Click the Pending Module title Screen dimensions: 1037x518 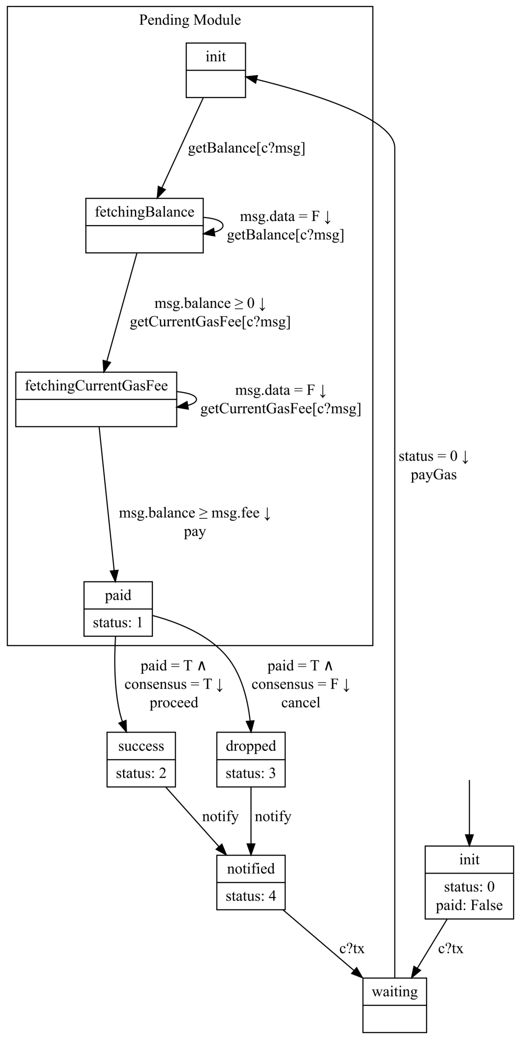coord(190,20)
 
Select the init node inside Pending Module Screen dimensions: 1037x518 coord(216,70)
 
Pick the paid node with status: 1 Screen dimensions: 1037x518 coord(118,609)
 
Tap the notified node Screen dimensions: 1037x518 coord(251,882)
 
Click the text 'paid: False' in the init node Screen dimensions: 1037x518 coord(469,905)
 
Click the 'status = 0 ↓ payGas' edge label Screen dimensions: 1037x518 coord(434,465)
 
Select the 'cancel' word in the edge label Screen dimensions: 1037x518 coord(300,702)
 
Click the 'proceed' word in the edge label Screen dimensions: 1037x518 coord(174,702)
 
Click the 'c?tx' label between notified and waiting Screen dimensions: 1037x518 coord(351,948)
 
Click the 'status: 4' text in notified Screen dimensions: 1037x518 coord(251,896)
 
